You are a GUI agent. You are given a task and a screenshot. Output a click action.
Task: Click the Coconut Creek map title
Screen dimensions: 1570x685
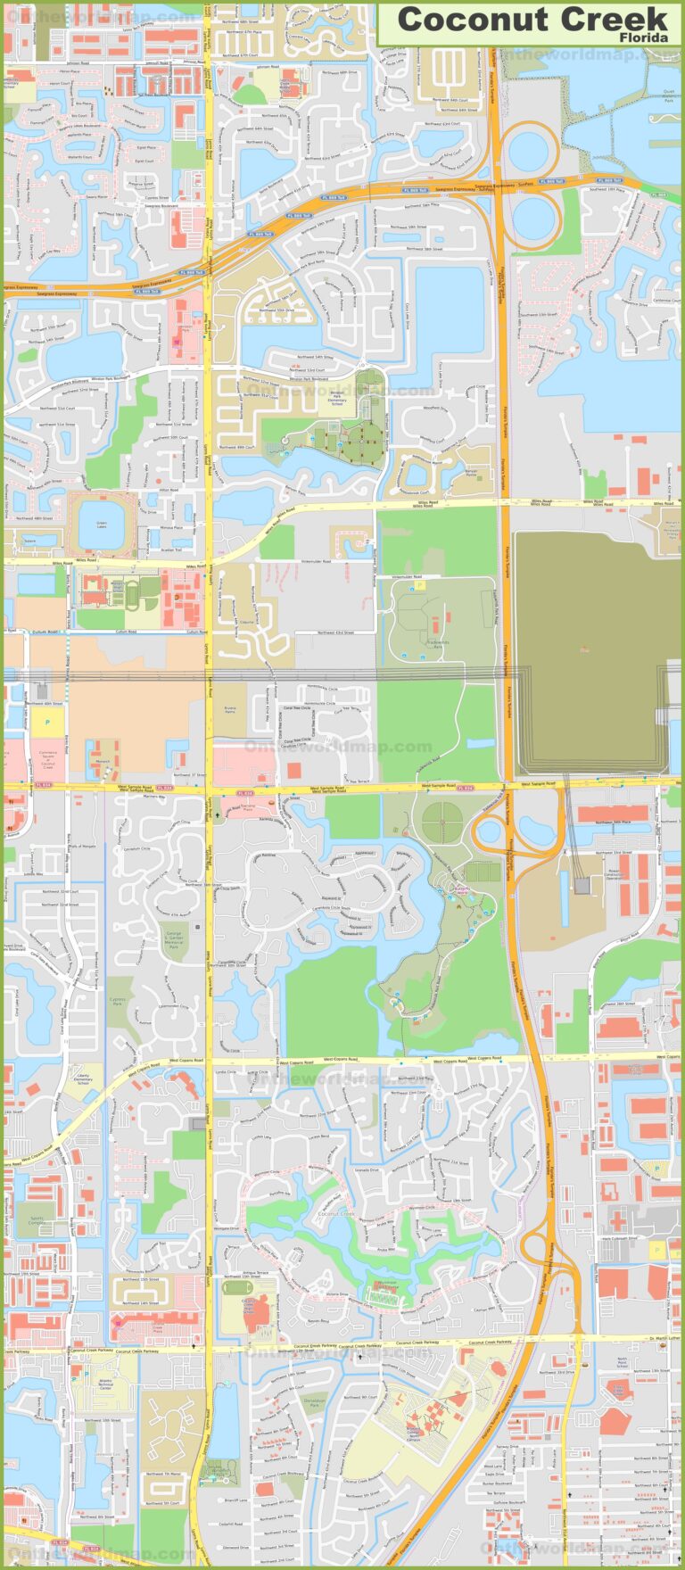(532, 19)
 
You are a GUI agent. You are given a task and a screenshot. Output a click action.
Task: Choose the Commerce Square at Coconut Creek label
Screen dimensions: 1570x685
(47, 757)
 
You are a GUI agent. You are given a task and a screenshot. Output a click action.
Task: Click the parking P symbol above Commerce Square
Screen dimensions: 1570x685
(47, 721)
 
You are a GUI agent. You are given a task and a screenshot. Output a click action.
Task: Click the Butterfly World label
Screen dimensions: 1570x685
(460, 889)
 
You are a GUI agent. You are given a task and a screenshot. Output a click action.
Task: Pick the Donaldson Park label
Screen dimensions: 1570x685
(314, 1403)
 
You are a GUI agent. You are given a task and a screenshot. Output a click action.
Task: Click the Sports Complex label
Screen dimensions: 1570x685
(36, 1219)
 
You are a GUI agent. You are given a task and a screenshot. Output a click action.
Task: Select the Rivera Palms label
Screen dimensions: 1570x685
(230, 711)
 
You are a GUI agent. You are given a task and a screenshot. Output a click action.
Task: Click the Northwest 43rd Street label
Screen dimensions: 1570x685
(337, 632)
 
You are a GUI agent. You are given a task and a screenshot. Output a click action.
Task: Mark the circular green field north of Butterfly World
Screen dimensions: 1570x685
(442, 817)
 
